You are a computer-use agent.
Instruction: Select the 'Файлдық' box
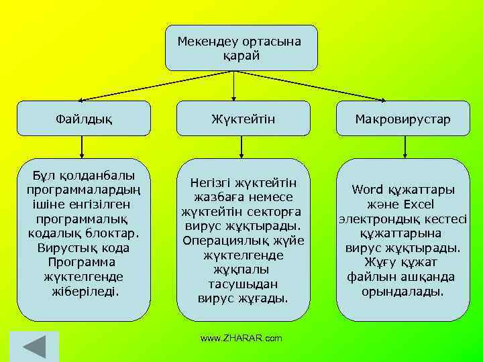coord(84,119)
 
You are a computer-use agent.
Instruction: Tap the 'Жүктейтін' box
coord(243,119)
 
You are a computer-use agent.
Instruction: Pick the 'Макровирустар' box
coord(402,119)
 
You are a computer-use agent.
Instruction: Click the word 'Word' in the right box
coord(366,189)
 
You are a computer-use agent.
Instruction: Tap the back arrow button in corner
coord(34,347)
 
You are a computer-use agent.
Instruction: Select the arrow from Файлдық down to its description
coord(82,147)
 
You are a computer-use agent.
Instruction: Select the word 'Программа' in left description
coord(82,262)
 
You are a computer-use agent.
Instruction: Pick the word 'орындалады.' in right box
coord(402,292)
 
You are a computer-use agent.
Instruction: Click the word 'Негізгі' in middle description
coord(211,182)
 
